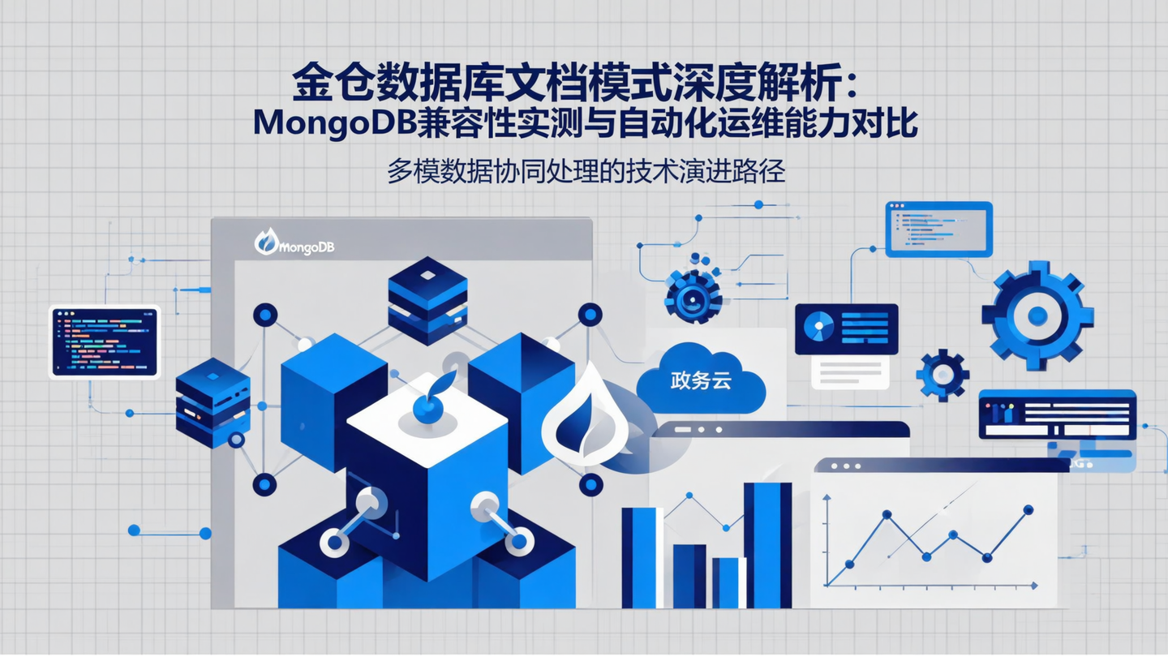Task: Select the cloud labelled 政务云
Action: point(701,381)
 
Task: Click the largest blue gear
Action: point(1037,315)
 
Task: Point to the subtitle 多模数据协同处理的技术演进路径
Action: point(586,173)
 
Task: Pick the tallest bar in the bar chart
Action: point(767,544)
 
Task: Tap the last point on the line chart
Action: point(1028,510)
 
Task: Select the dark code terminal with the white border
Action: point(105,341)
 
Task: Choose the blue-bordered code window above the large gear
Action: point(938,230)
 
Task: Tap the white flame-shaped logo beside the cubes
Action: point(586,416)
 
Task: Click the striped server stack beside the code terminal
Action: point(213,402)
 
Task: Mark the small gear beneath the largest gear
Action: point(943,376)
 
